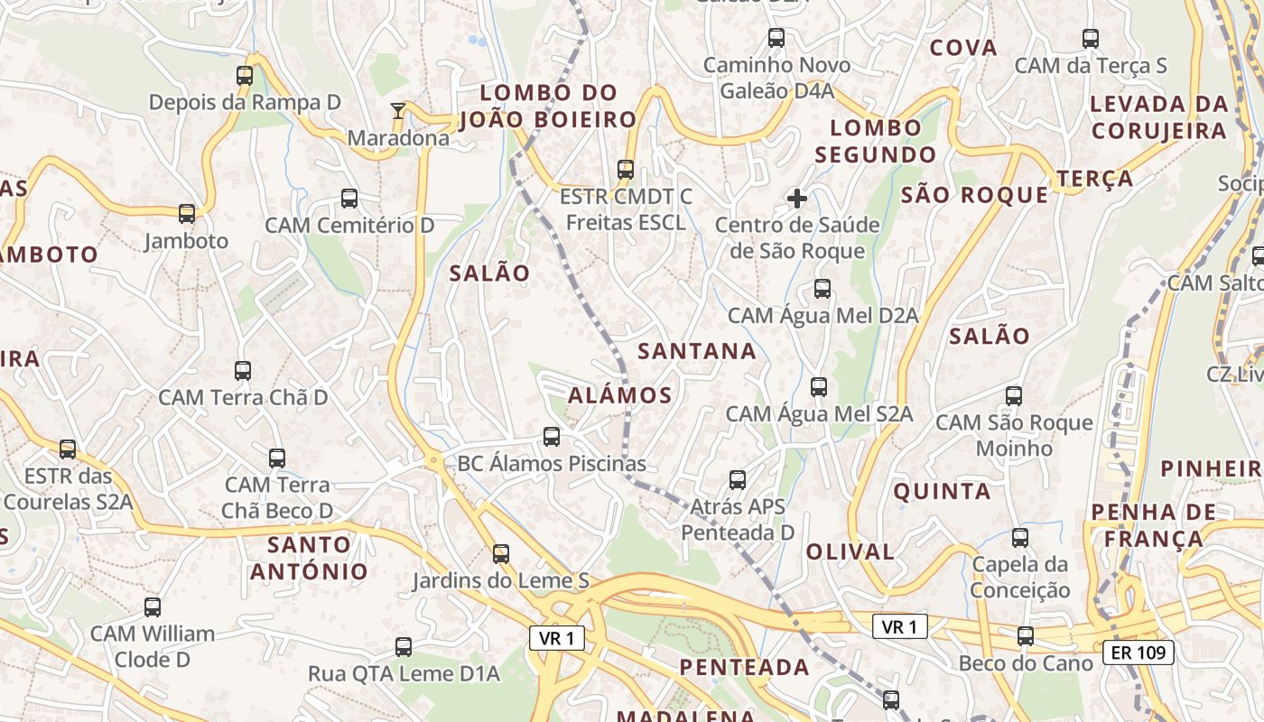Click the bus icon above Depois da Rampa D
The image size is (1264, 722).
pyautogui.click(x=245, y=76)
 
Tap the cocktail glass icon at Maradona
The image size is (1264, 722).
pyautogui.click(x=397, y=111)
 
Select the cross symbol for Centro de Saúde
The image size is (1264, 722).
pyautogui.click(x=796, y=198)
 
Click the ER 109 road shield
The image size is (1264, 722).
pyautogui.click(x=1138, y=652)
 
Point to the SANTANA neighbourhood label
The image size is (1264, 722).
pyautogui.click(x=697, y=351)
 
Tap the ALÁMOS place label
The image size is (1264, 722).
pyautogui.click(x=620, y=395)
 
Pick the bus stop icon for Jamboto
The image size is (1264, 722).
pyautogui.click(x=187, y=214)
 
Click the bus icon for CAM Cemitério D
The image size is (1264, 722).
pyautogui.click(x=349, y=199)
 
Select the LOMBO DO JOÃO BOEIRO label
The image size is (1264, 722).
pyautogui.click(x=548, y=106)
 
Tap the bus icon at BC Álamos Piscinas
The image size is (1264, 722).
pyautogui.click(x=552, y=437)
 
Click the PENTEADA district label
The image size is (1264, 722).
pyautogui.click(x=744, y=667)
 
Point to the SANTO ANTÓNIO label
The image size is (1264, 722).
pyautogui.click(x=309, y=558)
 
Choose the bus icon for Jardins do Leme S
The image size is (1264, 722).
pyautogui.click(x=501, y=554)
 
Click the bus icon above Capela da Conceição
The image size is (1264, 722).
pyautogui.click(x=1020, y=538)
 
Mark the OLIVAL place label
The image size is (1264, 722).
pyautogui.click(x=850, y=551)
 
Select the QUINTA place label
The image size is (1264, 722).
pyautogui.click(x=942, y=492)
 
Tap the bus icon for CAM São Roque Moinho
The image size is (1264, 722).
pyautogui.click(x=1014, y=396)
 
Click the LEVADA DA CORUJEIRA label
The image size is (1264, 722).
pyautogui.click(x=1159, y=117)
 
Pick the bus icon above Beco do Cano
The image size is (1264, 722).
pyautogui.click(x=1026, y=636)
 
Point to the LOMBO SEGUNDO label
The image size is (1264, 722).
pyautogui.click(x=876, y=141)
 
